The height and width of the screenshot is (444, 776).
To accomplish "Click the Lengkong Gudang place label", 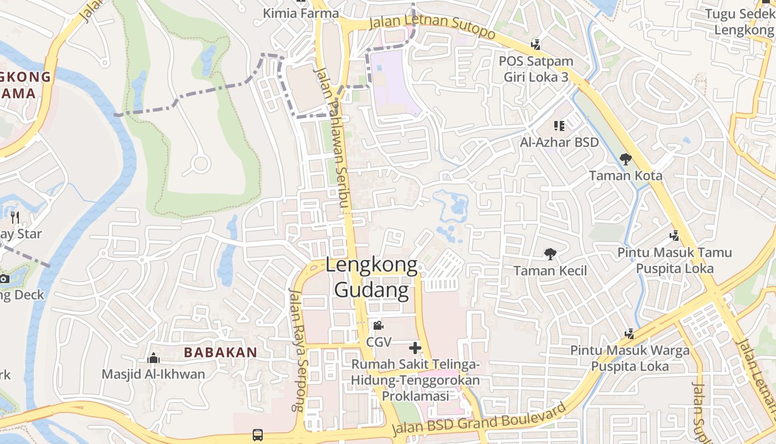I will pos(371,277).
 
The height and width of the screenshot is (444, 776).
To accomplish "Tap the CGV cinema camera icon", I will pos(378,325).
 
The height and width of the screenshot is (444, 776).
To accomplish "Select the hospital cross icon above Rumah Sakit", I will pos(415,348).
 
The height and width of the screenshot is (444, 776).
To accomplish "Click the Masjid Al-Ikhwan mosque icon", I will pos(154,359).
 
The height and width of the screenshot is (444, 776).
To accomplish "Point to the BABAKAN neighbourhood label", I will pos(221,352).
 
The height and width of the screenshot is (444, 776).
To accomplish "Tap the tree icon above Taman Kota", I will pos(625,159).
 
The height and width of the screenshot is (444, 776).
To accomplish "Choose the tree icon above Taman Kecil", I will pos(550,254).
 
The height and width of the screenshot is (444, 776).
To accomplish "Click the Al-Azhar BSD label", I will pos(559,142).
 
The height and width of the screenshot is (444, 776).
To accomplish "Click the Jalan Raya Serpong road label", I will pos(297,350).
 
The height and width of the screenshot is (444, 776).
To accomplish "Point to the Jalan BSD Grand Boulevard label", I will pos(480,420).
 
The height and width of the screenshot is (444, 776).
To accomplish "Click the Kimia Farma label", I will pos(300,13).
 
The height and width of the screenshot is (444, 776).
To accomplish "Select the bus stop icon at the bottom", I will pos(258,435).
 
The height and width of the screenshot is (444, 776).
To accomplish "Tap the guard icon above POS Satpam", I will pos(535,44).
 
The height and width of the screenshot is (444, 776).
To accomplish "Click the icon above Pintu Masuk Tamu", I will pos(675,236).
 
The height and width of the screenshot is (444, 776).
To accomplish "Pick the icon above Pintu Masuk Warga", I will pos(629,334).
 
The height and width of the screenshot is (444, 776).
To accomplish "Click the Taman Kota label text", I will pos(625,175).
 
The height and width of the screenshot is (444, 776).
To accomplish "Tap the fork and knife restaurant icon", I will pos(15,217).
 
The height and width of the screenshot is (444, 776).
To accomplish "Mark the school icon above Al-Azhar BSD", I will pos(559,126).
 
